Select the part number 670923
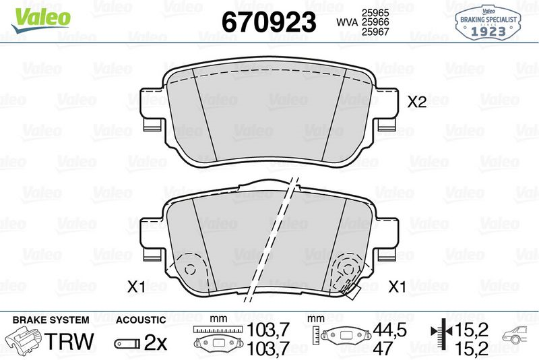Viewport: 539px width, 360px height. tap(269, 22)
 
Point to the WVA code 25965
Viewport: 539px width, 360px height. tap(375, 13)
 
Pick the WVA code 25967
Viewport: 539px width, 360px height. tap(375, 32)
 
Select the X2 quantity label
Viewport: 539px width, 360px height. tap(418, 102)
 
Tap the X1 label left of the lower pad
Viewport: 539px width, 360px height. tap(137, 287)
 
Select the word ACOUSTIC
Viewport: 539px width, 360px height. tap(140, 320)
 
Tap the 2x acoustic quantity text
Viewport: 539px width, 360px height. tap(156, 341)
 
